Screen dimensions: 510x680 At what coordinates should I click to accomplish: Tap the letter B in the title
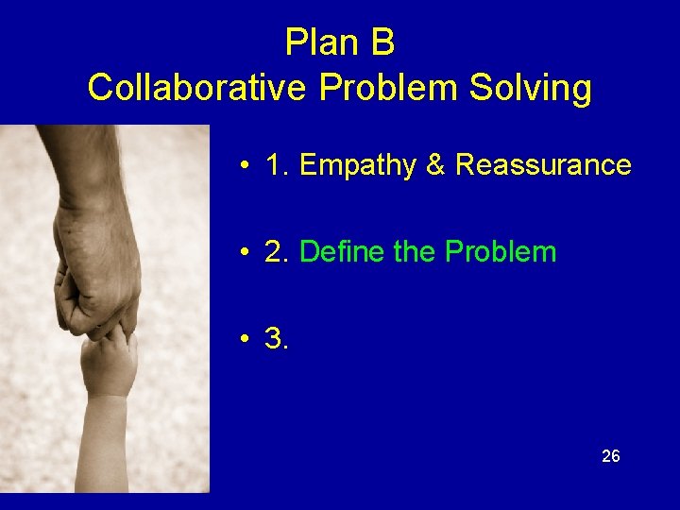pos(382,42)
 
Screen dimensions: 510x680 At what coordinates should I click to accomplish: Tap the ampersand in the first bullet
pos(435,165)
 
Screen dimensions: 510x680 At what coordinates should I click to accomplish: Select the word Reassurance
pos(543,165)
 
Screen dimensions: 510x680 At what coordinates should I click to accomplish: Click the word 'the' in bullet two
pos(410,252)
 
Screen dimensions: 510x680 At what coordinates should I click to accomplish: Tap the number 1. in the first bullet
pos(278,165)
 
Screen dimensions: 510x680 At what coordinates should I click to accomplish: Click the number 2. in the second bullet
pos(278,252)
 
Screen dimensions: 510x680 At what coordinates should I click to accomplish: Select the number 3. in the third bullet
pos(278,339)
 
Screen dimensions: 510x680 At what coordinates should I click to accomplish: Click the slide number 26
pos(611,457)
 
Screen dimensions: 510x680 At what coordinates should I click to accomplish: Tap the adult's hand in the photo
pos(94,264)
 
